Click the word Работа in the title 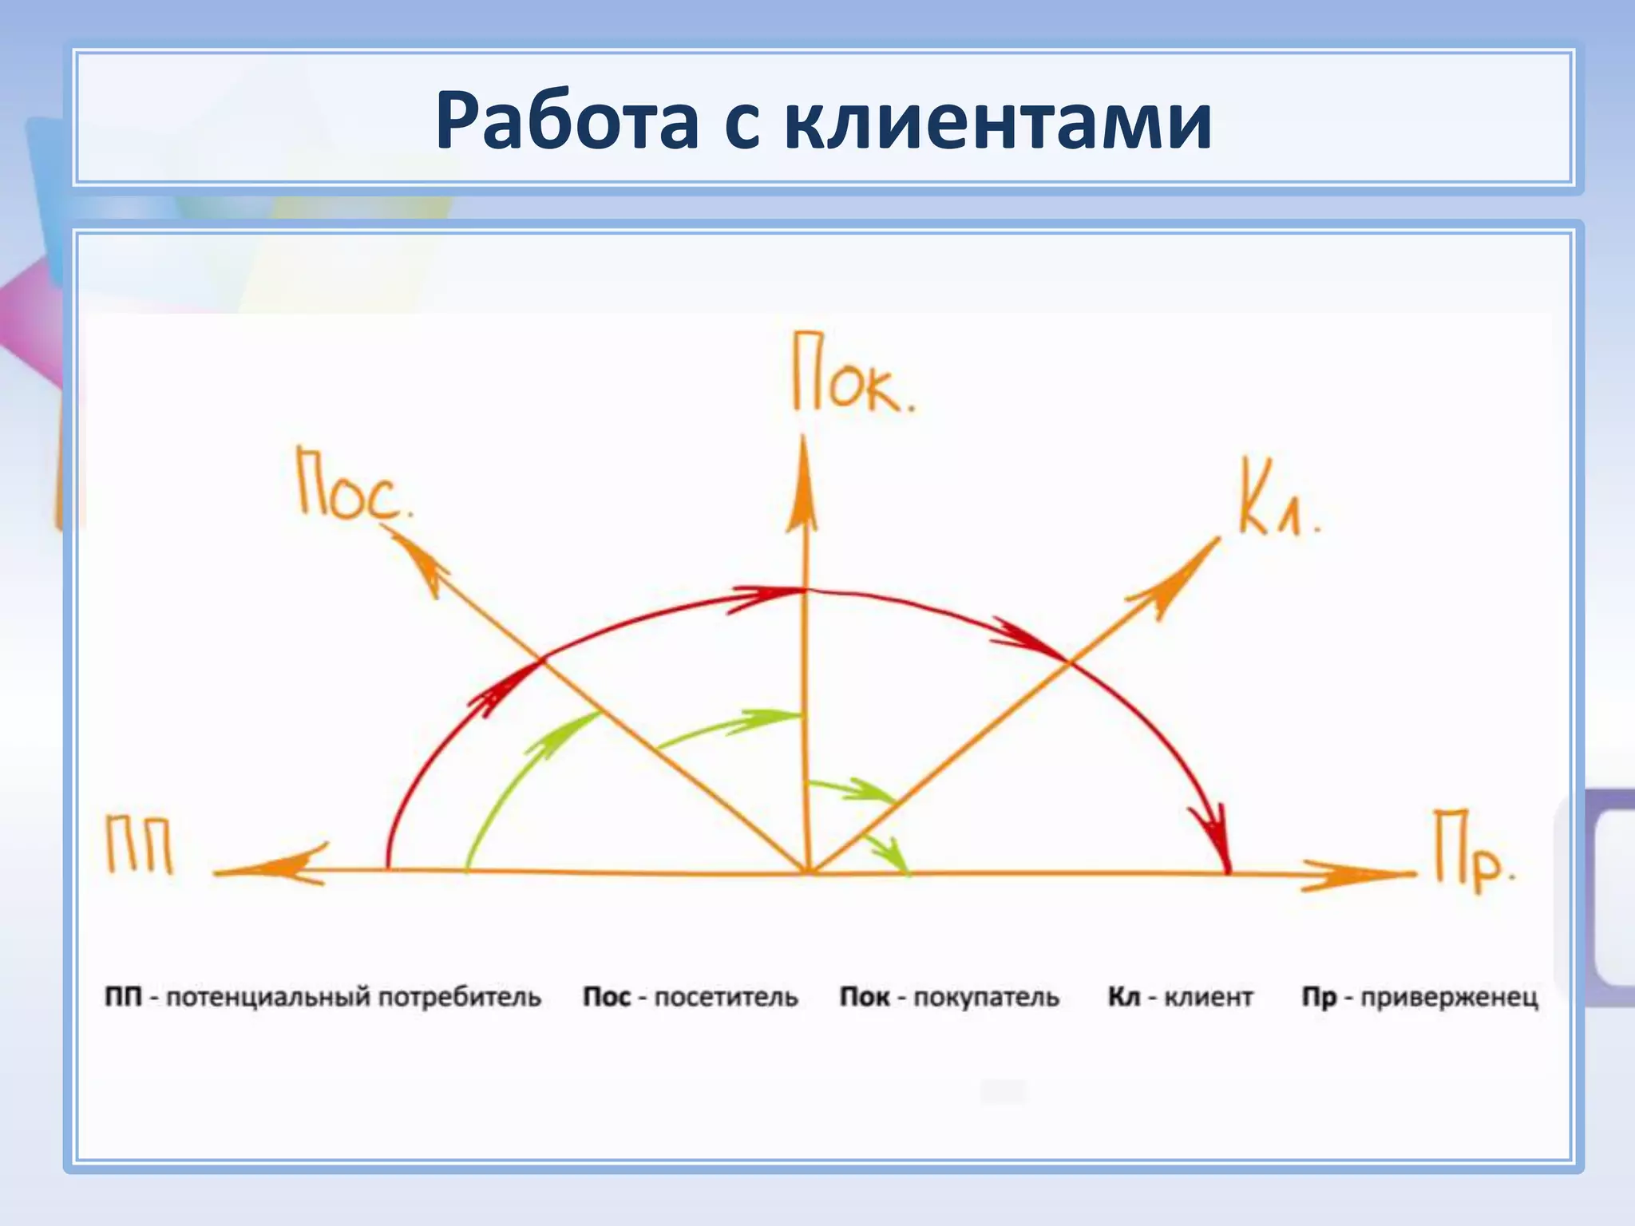point(567,121)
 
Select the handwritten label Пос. point(353,485)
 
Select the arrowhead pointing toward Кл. point(1182,573)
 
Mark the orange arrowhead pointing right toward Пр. point(1357,875)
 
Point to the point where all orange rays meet point(809,872)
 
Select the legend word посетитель point(726,998)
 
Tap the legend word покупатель point(986,998)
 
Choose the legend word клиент point(1208,998)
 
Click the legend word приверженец point(1449,998)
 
